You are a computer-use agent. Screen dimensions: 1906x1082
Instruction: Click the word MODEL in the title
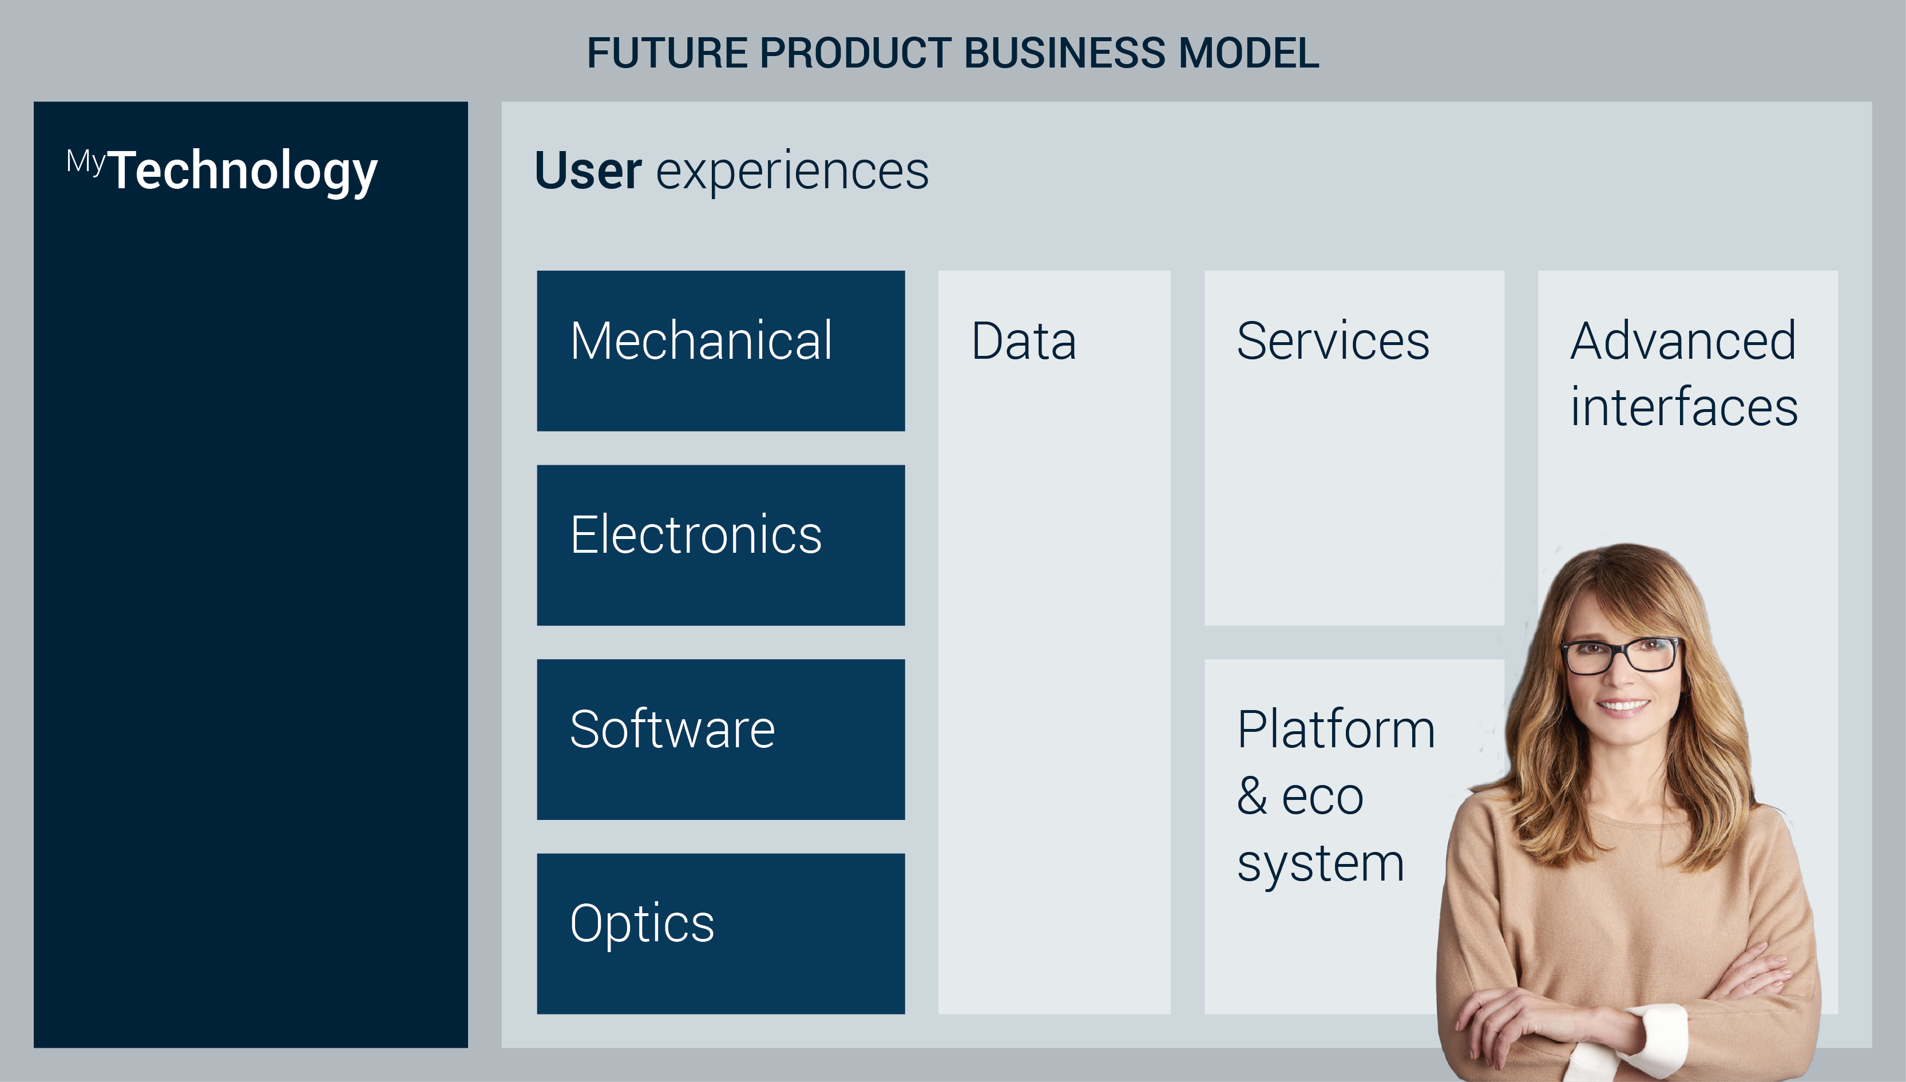[x=1249, y=54]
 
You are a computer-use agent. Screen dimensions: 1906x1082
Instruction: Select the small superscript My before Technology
[x=86, y=162]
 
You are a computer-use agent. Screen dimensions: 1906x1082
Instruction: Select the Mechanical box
[x=721, y=351]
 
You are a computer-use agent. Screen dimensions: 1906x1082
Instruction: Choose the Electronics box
[x=721, y=545]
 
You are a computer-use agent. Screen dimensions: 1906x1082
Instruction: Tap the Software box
[x=721, y=739]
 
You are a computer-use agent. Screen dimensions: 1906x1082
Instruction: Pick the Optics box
[x=721, y=933]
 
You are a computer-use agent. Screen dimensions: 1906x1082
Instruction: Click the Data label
[x=1024, y=341]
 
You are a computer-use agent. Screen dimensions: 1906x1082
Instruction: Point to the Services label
[x=1333, y=341]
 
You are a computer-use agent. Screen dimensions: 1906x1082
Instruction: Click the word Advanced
[x=1683, y=341]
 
